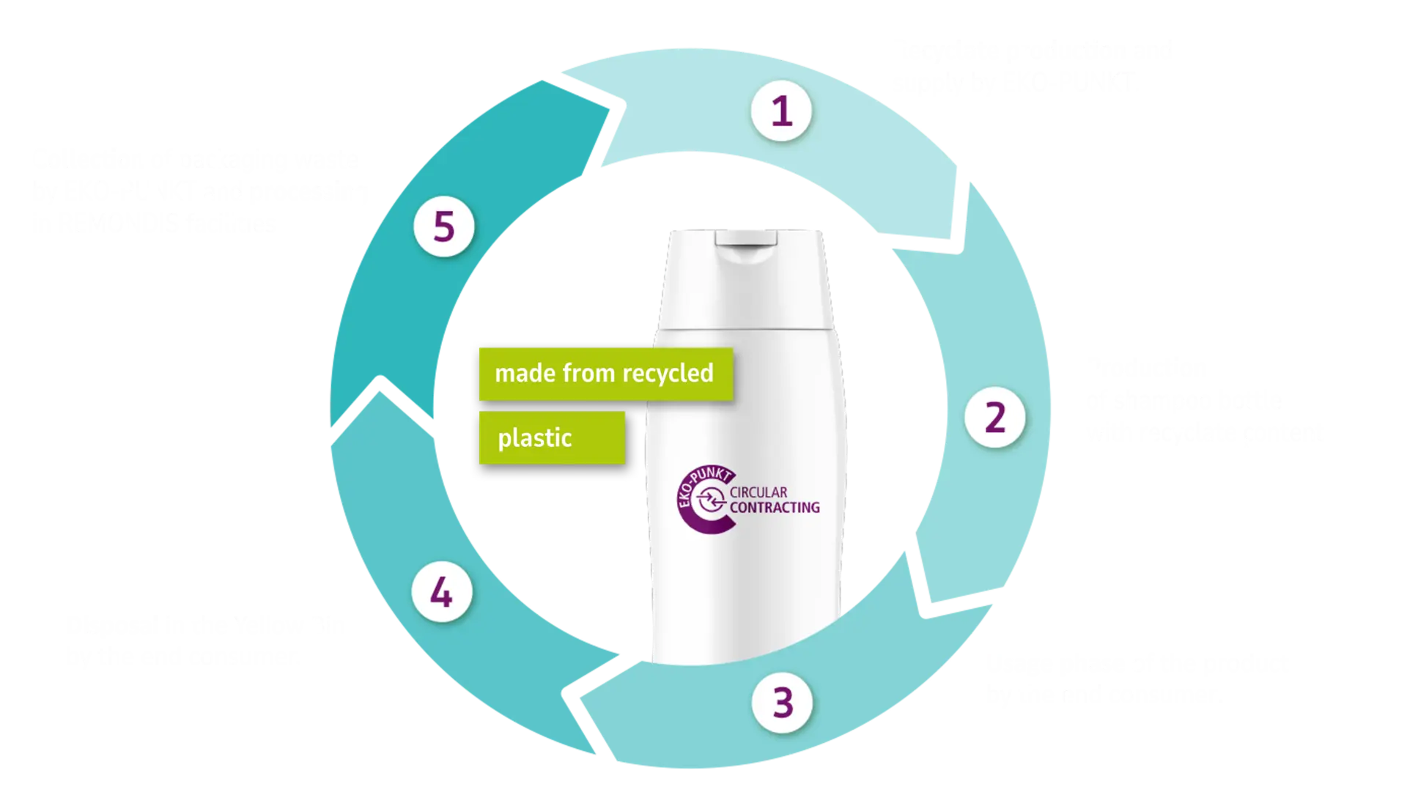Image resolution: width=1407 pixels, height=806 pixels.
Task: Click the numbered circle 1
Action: (x=781, y=111)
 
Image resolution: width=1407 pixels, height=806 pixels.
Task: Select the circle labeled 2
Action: (x=994, y=418)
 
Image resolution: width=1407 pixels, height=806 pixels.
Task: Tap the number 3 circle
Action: (x=783, y=702)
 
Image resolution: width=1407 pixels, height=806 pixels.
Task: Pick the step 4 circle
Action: (x=441, y=592)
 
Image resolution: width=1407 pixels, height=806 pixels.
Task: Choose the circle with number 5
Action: (x=444, y=226)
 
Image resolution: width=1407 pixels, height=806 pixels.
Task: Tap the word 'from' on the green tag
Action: (x=586, y=374)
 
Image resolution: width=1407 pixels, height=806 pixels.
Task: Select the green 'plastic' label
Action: (x=551, y=438)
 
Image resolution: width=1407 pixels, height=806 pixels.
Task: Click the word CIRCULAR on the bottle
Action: (x=758, y=492)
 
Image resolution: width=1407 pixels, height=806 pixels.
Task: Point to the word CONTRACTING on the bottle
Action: (x=775, y=507)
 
